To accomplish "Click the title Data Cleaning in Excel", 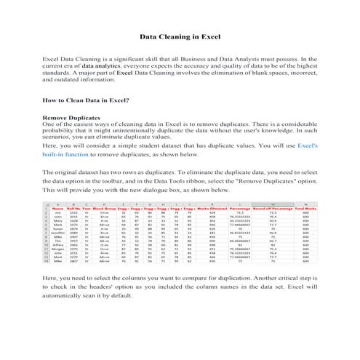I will [180, 36].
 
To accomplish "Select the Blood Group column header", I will [106, 208].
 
